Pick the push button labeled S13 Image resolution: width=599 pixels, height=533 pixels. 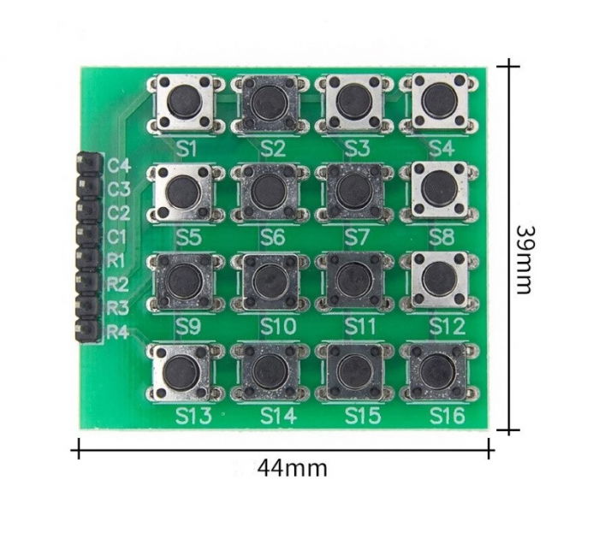coord(181,370)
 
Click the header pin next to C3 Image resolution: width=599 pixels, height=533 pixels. coord(87,186)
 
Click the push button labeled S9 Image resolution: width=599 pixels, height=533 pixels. coord(181,279)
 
